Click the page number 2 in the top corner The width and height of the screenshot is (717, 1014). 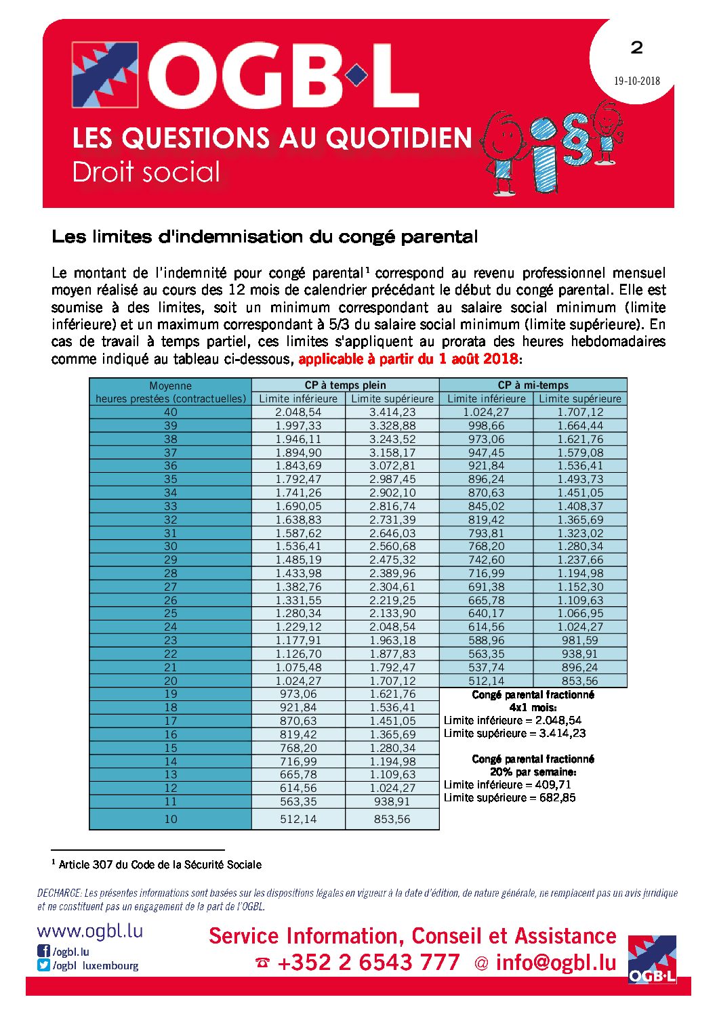click(636, 47)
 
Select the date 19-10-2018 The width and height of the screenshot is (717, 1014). click(636, 81)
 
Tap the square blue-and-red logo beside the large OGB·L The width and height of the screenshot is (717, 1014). click(105, 75)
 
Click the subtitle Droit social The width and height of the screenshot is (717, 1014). click(146, 172)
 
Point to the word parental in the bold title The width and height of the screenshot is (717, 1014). click(439, 237)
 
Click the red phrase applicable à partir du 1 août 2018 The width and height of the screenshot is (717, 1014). click(408, 359)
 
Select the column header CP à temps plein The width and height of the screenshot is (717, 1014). click(345, 385)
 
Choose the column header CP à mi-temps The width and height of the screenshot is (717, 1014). click(533, 385)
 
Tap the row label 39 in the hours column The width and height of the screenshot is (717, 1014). click(170, 425)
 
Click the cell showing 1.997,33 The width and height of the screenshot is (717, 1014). click(298, 425)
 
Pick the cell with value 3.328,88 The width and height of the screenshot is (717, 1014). click(392, 425)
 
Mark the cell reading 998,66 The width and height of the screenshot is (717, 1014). click(486, 425)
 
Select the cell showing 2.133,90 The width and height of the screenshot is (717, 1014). click(392, 613)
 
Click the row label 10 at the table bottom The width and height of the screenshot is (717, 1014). click(170, 819)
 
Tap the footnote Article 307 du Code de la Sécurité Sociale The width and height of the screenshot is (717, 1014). click(160, 864)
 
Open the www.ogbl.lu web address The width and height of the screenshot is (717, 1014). click(89, 931)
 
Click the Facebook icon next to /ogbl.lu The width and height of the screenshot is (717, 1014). click(43, 951)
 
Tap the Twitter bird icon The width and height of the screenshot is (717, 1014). click(43, 965)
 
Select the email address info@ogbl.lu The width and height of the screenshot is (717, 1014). click(556, 963)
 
